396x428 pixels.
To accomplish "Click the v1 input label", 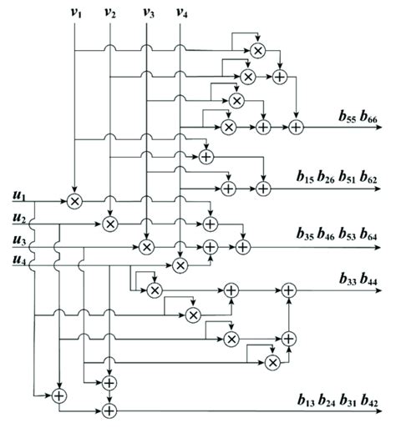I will point(75,13).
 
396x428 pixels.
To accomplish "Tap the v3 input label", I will point(148,13).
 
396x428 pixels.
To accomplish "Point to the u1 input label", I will point(18,195).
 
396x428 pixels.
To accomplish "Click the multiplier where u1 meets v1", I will point(75,201).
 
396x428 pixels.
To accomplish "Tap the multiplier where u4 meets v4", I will point(180,265).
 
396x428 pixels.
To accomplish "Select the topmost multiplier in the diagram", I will point(257,51).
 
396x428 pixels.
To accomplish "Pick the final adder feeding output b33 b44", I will point(289,290).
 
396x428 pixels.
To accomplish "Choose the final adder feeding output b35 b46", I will point(242,246).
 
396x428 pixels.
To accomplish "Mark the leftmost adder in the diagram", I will point(58,395).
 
